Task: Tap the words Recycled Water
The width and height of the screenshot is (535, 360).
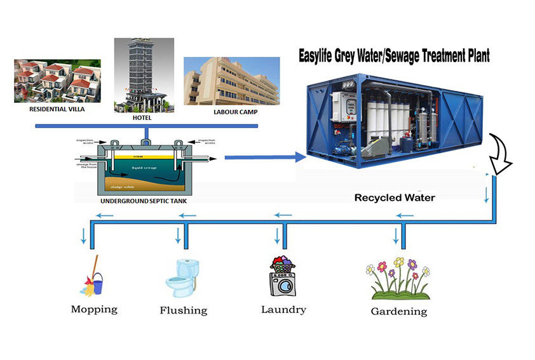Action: [395, 197]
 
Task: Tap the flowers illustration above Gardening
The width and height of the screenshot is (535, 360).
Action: [399, 278]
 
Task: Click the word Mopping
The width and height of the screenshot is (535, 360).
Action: [94, 310]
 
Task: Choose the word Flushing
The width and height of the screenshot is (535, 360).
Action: [184, 310]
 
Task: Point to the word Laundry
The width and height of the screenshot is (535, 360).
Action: [283, 310]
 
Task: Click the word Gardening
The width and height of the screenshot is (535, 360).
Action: [399, 311]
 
